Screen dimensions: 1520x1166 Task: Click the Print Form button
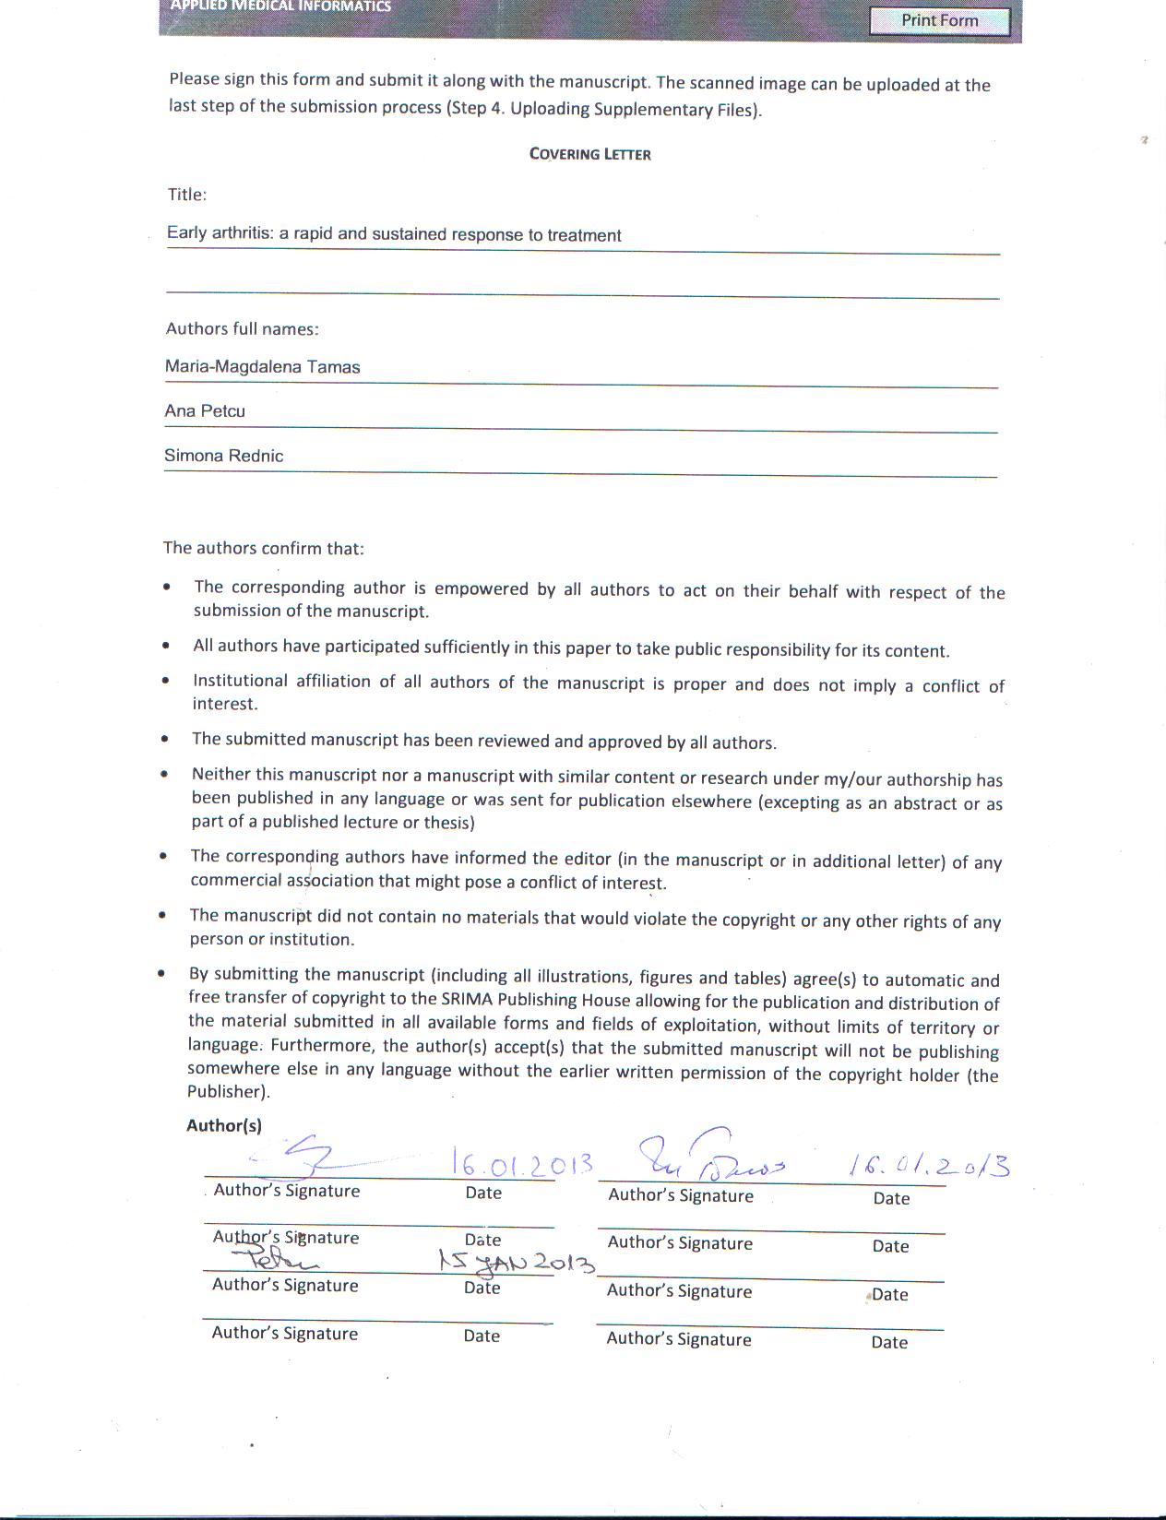(x=939, y=20)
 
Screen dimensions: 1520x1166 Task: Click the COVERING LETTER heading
(x=589, y=154)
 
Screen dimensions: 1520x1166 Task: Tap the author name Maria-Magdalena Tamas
(x=262, y=367)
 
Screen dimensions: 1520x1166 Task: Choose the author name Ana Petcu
(x=205, y=411)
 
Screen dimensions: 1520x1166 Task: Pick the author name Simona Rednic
(x=223, y=456)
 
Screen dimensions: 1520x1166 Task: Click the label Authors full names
(x=242, y=329)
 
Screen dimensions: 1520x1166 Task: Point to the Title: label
(x=186, y=195)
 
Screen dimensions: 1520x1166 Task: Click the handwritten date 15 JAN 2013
(x=517, y=1261)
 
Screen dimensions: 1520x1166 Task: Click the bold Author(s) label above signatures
(x=224, y=1125)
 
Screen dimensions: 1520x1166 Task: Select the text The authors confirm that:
(x=263, y=548)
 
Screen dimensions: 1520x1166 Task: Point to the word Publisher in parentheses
(x=226, y=1092)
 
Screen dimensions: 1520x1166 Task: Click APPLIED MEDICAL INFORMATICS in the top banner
(x=280, y=6)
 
